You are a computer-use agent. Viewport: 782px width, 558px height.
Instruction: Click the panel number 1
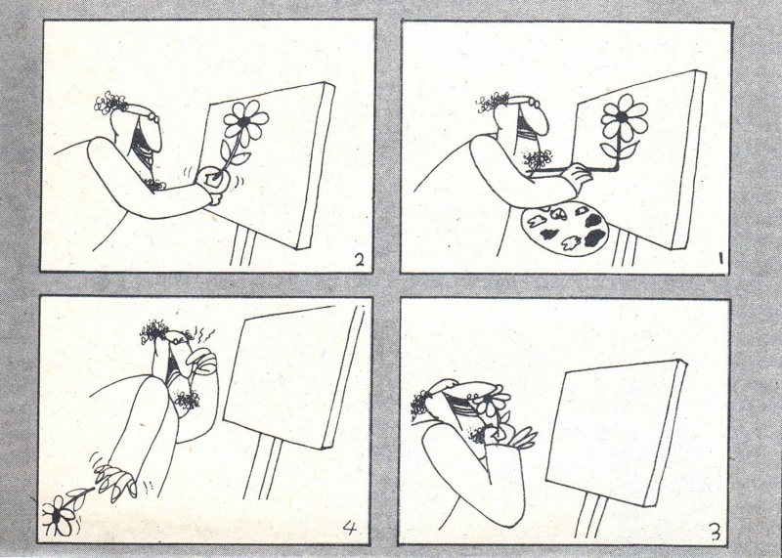coord(721,258)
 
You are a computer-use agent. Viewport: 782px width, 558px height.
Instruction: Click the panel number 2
coord(360,260)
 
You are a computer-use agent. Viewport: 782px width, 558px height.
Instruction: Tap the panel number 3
coord(715,533)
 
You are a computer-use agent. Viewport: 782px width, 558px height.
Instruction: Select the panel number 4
coord(351,528)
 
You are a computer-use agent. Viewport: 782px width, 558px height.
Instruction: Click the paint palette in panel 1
coord(564,231)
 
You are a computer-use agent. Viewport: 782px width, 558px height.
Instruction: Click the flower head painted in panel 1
coord(624,118)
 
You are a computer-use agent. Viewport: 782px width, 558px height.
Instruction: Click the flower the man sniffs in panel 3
coord(492,404)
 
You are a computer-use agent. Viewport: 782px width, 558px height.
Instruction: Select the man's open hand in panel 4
coord(113,480)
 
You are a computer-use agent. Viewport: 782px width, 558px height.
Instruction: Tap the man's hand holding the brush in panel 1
coord(575,176)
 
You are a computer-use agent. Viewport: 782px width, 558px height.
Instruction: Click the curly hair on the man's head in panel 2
coord(110,103)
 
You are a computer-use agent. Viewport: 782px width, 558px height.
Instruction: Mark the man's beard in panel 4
coord(186,400)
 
